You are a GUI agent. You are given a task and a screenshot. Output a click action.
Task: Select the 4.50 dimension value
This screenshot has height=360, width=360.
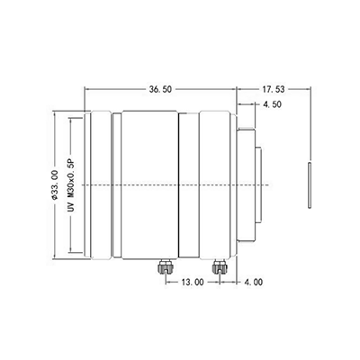pos(270,106)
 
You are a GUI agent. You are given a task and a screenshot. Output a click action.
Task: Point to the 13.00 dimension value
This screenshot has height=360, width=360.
pos(192,282)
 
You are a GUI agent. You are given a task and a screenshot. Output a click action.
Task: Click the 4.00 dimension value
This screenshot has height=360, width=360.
pos(253,282)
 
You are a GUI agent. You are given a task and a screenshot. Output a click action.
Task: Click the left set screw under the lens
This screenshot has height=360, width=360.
pos(164,266)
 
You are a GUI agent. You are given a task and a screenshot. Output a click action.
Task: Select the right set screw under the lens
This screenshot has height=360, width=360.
pos(218,266)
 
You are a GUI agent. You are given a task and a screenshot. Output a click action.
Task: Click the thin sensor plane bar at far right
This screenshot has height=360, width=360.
pos(309,184)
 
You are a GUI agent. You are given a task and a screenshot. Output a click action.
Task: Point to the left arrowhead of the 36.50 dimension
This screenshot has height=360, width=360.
pos(86,90)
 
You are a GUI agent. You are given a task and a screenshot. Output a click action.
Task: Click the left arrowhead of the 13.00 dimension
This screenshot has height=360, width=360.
pos(166,282)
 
